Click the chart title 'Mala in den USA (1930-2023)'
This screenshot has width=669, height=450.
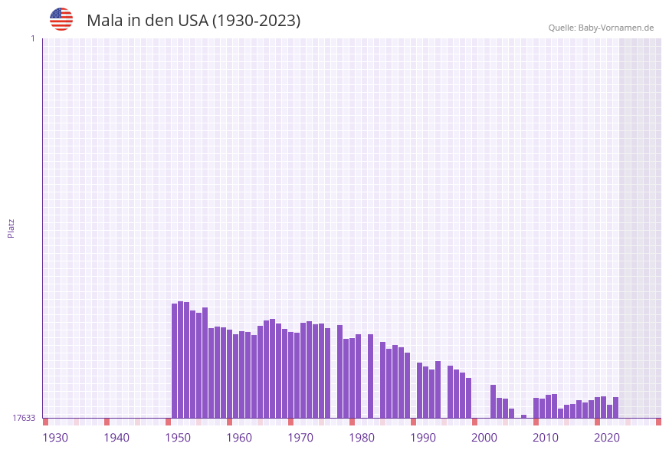point(193,21)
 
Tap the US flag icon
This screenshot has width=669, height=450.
point(61,19)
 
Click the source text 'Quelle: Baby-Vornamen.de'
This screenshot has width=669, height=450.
point(601,28)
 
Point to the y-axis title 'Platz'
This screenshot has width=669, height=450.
point(11,228)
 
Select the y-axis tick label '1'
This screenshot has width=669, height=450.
point(32,38)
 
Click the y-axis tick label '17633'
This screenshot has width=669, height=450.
point(24,418)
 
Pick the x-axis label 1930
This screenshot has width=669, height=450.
point(55,438)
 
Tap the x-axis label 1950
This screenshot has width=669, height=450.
point(178,438)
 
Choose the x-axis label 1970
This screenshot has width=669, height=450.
point(300,438)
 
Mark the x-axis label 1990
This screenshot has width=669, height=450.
point(423,438)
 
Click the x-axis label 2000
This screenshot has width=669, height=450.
point(484,438)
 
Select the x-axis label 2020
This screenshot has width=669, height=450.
point(607,438)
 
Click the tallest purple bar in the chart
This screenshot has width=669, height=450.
point(181,360)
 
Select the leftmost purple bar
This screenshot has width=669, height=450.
point(175,360)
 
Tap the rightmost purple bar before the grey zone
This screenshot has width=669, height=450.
point(615,408)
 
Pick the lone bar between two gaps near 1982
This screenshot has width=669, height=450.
point(370,376)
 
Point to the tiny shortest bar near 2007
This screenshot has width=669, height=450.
point(524,416)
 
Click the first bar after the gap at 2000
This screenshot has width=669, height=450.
point(494,402)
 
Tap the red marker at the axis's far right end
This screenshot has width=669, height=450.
point(658,422)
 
